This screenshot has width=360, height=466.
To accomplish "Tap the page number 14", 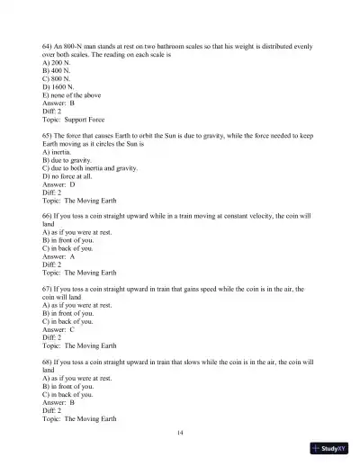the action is coord(181,434).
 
